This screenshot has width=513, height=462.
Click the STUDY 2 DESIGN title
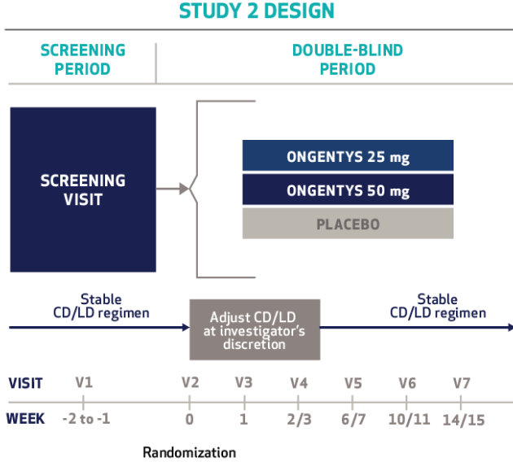coord(256,11)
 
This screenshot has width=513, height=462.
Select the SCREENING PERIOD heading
coord(82,59)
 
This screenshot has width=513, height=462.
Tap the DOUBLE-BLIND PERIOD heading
coord(348,59)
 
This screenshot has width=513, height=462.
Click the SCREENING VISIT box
coord(83,190)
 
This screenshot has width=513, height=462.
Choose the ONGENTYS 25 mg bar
coord(348,155)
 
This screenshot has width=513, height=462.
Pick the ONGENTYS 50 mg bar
coord(348,190)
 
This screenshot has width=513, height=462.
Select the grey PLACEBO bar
coord(348,223)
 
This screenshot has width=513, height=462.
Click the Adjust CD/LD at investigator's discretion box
coord(255,329)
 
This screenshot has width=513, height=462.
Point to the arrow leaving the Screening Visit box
coord(173,190)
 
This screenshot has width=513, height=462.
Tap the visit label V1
coord(84,382)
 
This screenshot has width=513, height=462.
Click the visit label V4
coord(298,382)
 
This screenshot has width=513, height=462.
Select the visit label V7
coord(461,382)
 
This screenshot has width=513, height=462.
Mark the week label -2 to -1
coord(84,419)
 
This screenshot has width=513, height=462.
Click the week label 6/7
coord(353,419)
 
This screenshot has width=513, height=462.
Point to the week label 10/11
coord(406,419)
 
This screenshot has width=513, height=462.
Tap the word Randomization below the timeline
coord(190,452)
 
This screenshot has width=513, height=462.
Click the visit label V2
coord(189,382)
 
